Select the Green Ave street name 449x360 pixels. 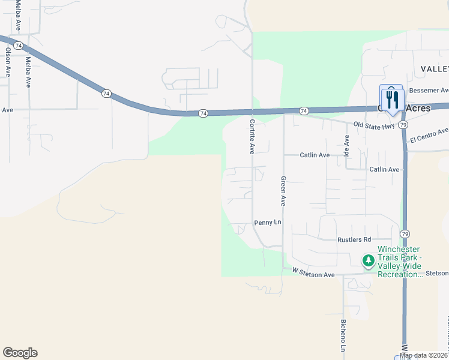(x=283, y=191)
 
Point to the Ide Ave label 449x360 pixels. (x=346, y=144)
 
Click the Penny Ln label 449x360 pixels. (x=268, y=223)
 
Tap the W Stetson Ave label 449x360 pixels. (x=313, y=274)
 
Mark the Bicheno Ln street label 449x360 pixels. (x=343, y=335)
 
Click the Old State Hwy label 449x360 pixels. (x=374, y=125)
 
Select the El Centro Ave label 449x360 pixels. (x=429, y=136)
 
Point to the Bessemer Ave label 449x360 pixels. (x=429, y=91)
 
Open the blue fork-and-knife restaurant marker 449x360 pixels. (x=393, y=99)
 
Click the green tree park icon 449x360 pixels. (x=368, y=261)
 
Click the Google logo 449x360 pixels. (x=20, y=353)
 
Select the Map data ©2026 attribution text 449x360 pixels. (x=424, y=355)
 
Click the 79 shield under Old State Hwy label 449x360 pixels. (x=403, y=125)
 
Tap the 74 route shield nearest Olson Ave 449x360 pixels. (x=19, y=46)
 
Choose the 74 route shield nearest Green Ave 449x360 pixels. (x=304, y=111)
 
